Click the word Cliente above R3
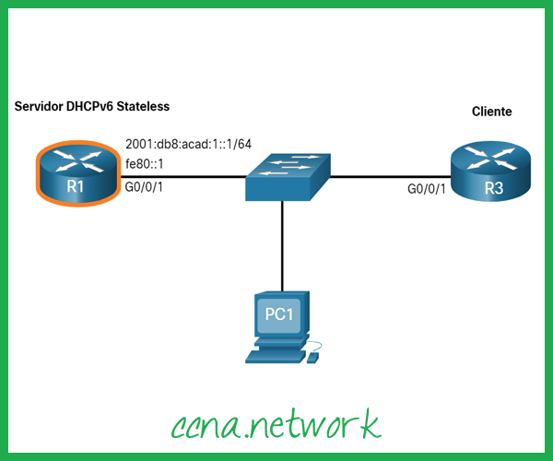492,112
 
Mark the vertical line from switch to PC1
282,244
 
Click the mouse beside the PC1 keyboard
315,355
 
